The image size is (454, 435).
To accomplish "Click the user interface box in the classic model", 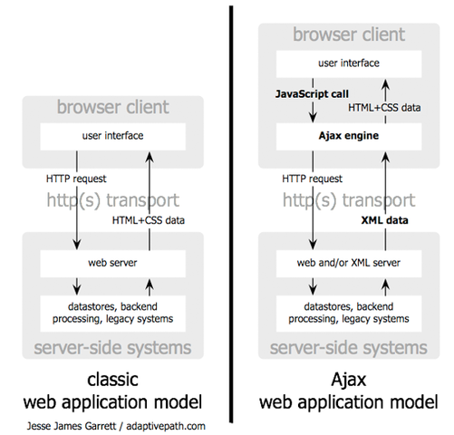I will pos(111,137).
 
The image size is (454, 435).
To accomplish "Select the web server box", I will pos(111,264).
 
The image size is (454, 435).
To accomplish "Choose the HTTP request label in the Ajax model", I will pos(310,179).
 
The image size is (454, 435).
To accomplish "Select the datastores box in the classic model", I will pos(111,313).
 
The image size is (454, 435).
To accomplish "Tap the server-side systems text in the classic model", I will pos(111,348).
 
